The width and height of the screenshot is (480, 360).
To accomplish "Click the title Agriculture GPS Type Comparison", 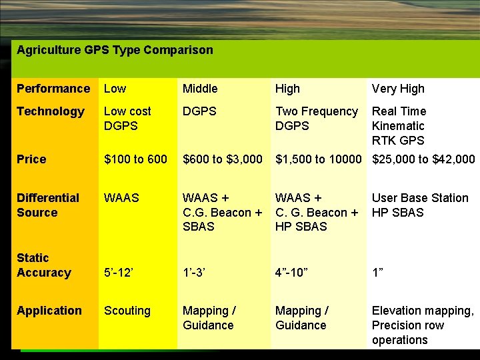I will pos(115,50).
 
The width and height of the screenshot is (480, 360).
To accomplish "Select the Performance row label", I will pos(53,89).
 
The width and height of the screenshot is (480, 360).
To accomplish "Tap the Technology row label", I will pos(51,111).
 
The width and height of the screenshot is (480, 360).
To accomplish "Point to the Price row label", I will pos(31,159).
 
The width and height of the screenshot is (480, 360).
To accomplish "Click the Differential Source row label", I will pos(47,205).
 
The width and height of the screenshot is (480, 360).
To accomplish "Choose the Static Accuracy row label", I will pos(43,265).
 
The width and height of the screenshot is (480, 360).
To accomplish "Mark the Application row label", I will pos(49,311).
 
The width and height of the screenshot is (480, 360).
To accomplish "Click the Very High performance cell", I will pos(398,89).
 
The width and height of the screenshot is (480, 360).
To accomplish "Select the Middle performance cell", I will pos(200,89).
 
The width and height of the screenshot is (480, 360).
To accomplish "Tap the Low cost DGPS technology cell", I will pos(127,119).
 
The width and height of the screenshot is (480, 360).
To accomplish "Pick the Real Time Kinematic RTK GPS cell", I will pos(399,126).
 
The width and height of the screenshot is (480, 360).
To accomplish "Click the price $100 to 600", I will pos(135,159).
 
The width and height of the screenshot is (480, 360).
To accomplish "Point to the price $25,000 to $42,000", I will pos(423,159).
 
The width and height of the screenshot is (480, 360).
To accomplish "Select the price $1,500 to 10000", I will pos(318,159).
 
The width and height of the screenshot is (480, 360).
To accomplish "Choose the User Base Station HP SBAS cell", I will pos(420,205).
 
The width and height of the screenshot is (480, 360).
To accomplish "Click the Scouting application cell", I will pos(127,311).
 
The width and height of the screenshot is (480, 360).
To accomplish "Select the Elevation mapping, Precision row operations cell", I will pos(423,325).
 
